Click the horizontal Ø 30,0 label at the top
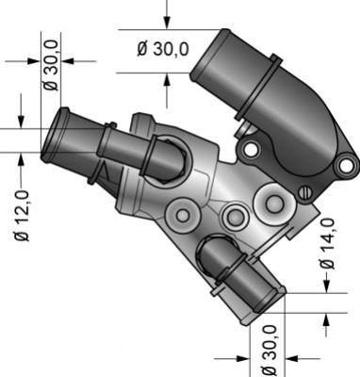[x=163, y=49]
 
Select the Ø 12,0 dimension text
[x=23, y=216]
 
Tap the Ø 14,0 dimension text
[x=327, y=244]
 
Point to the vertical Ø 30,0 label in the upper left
[x=51, y=65]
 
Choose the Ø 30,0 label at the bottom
[x=269, y=351]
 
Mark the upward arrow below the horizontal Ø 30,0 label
[x=167, y=91]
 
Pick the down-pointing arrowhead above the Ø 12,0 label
[x=21, y=122]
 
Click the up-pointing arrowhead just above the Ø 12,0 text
[x=21, y=159]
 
